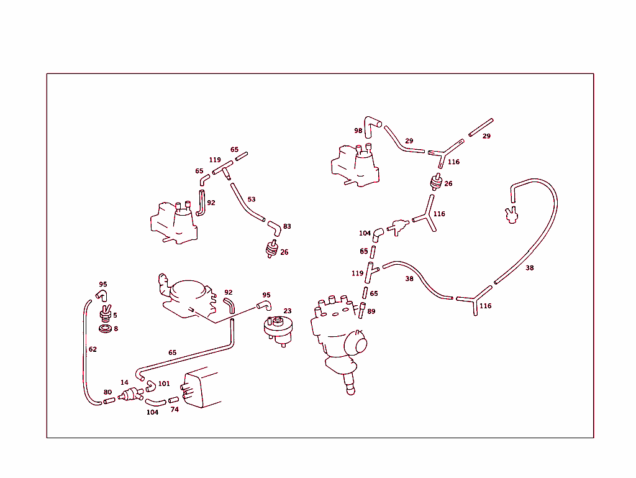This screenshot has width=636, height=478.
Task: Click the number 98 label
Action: click(x=358, y=131)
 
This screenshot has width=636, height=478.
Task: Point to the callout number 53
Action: click(x=252, y=200)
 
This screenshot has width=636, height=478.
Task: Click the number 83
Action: click(x=287, y=226)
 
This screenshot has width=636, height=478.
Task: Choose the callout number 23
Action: click(x=288, y=311)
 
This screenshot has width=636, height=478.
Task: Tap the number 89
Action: click(x=371, y=311)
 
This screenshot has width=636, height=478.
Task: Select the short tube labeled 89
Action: click(x=361, y=310)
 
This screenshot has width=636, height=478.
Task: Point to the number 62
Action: click(x=93, y=349)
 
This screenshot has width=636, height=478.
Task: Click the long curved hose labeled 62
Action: click(x=84, y=353)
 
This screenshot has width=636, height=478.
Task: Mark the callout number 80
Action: click(x=107, y=392)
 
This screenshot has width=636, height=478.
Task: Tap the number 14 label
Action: click(x=124, y=382)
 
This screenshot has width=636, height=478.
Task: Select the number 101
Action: click(x=164, y=384)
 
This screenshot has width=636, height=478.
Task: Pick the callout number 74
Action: click(x=175, y=410)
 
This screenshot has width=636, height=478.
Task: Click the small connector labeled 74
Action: click(x=174, y=400)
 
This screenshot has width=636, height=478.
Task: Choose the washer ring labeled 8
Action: click(x=106, y=329)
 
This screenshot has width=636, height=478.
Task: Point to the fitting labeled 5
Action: click(x=106, y=313)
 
